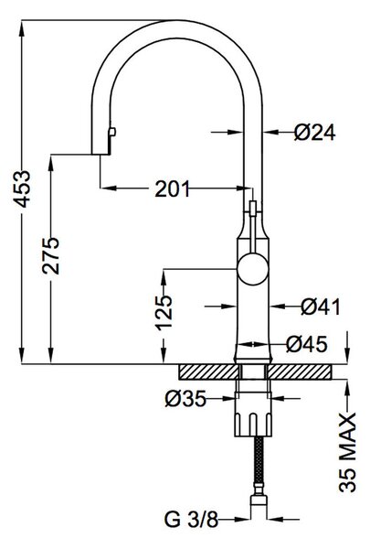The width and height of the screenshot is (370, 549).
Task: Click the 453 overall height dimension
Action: click(23, 188)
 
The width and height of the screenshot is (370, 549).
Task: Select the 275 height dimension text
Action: click(51, 256)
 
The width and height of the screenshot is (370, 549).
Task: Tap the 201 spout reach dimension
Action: click(172, 189)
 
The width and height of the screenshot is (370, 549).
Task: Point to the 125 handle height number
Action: click(164, 313)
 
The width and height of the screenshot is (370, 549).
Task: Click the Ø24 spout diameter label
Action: click(315, 133)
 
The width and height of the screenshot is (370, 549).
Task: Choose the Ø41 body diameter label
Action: click(321, 307)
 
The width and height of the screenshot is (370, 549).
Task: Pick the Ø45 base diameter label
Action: click(307, 344)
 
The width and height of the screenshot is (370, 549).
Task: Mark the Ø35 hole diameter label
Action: click(185, 398)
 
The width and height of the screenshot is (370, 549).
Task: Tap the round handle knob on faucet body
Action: click(253, 269)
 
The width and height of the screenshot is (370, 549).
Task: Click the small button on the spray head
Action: click(112, 132)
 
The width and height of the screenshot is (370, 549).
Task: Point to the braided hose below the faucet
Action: click(259, 465)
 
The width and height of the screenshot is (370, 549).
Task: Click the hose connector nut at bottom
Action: click(259, 500)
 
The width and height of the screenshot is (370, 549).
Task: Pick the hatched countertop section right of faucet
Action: click(300, 371)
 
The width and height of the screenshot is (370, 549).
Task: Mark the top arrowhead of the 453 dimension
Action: click(22, 27)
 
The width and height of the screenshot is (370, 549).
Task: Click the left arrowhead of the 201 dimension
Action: click(108, 188)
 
